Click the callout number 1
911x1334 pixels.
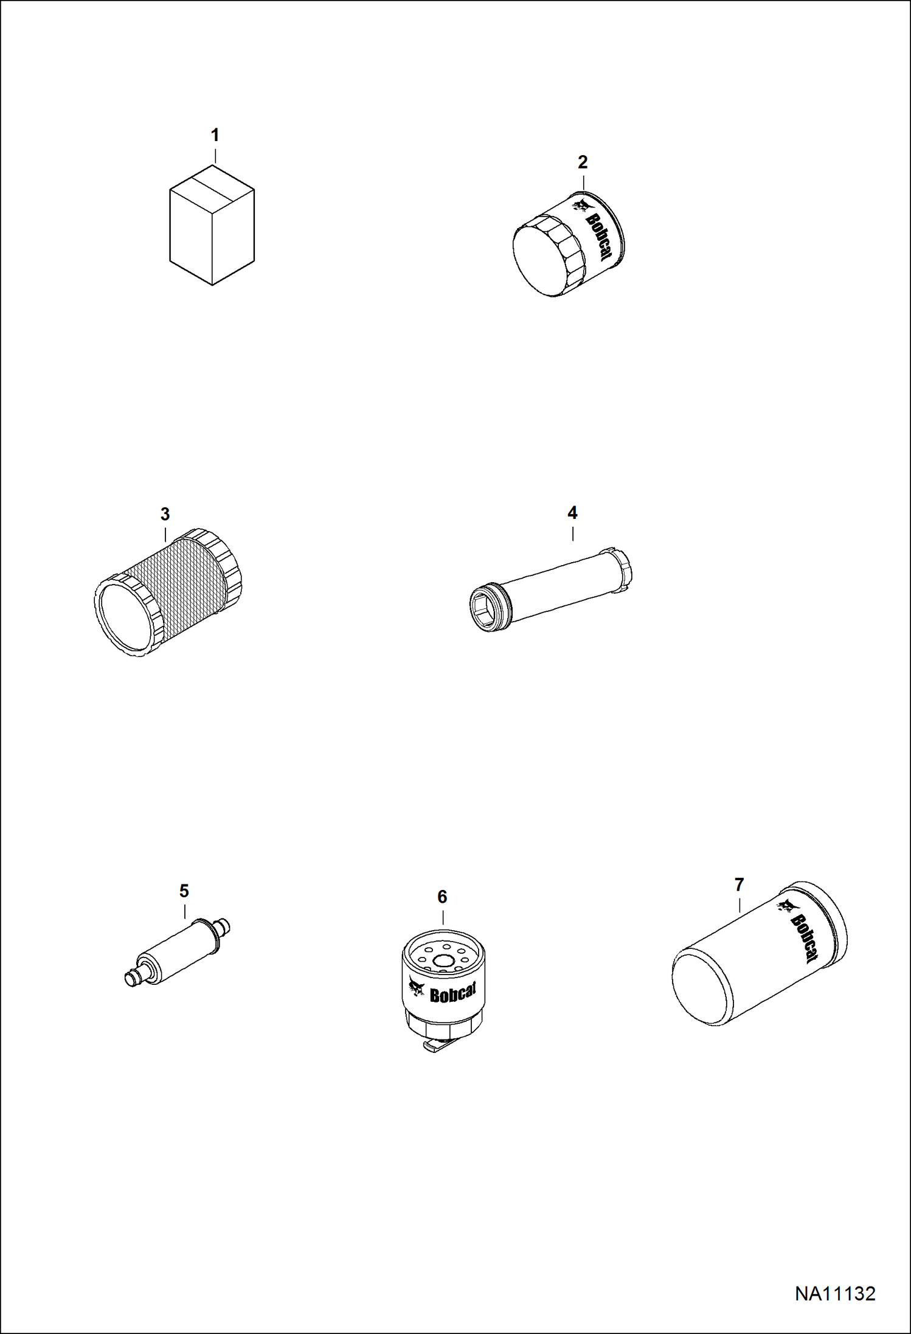click(x=215, y=135)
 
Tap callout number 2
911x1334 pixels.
click(x=583, y=162)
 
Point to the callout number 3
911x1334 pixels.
click(x=165, y=515)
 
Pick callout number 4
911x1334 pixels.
click(x=572, y=513)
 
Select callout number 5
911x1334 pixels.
click(x=184, y=891)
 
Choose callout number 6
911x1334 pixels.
click(x=442, y=897)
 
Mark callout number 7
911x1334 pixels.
click(x=739, y=885)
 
